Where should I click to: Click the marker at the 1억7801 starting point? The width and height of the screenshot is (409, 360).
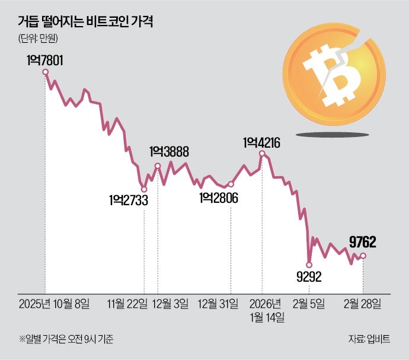coord(45,72)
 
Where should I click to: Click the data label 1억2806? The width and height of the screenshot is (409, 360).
coord(219,197)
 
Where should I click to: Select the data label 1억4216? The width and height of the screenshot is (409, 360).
coord(261,142)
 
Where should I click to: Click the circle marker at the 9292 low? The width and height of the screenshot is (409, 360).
coord(309,264)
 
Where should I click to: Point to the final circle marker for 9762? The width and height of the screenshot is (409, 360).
coord(363,256)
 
